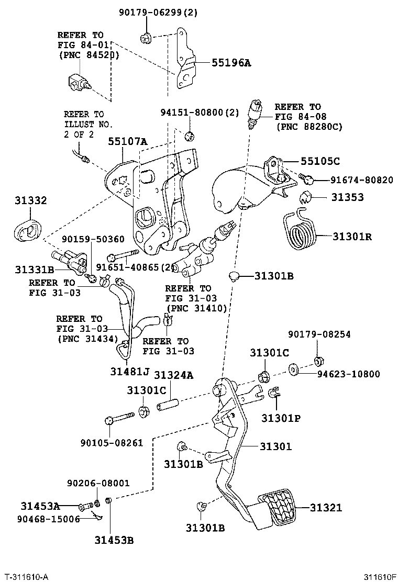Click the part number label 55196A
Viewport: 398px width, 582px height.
coord(231,63)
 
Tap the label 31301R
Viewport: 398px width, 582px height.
coord(352,236)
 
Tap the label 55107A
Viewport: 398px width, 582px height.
coord(128,141)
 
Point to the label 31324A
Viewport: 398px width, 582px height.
coord(173,375)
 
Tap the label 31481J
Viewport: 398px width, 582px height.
coord(129,372)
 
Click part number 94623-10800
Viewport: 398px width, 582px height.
coord(348,374)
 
